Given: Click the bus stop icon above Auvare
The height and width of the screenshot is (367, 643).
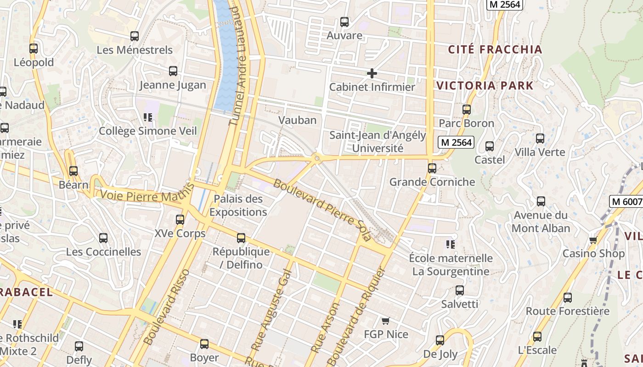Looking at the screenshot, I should click(344, 22).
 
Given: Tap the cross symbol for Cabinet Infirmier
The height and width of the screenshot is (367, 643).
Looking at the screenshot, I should click(372, 73).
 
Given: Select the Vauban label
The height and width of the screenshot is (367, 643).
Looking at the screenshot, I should click(297, 120).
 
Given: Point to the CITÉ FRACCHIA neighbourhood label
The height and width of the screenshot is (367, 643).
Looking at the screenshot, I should click(495, 50).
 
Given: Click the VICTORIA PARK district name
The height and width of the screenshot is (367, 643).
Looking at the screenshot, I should click(485, 85).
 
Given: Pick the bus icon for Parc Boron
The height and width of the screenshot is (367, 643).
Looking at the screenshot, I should click(467, 110).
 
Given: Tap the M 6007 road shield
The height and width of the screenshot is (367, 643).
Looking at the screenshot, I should click(626, 201).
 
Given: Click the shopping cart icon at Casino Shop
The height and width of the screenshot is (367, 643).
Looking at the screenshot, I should click(593, 240).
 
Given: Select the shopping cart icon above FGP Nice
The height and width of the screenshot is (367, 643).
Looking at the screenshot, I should click(386, 321).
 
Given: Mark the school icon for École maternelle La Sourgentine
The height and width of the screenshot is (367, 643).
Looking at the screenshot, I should click(450, 245).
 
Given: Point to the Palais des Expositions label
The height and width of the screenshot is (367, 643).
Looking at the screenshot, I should click(238, 206).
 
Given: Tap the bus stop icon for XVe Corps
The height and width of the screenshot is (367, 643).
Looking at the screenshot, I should click(180, 220).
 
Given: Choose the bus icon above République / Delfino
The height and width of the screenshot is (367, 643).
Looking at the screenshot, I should click(241, 238).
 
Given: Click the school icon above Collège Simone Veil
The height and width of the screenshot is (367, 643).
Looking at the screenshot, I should click(148, 117).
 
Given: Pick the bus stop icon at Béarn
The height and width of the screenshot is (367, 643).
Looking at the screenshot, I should click(73, 171).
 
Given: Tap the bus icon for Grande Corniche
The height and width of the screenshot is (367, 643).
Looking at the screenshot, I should click(432, 168).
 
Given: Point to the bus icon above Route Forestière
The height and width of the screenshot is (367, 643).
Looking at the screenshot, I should click(568, 298).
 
